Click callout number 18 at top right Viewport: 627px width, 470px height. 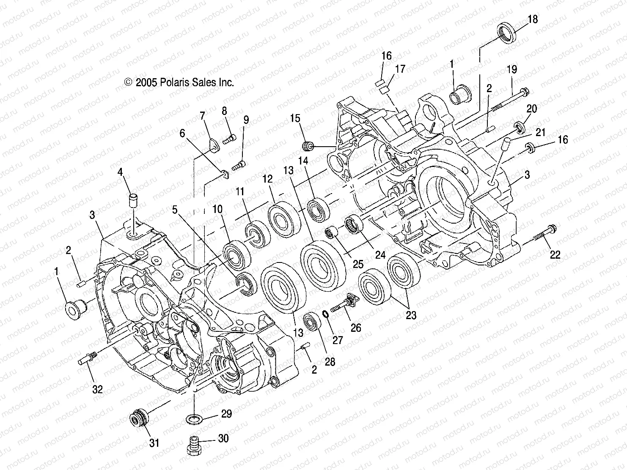533,19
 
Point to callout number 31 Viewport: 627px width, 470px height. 154,443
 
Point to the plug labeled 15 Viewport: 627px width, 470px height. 308,146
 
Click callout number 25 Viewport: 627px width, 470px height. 358,265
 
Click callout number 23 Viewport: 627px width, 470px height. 411,315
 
